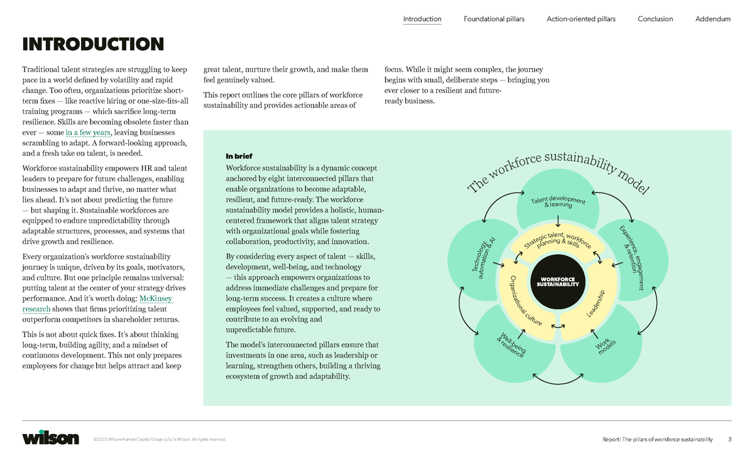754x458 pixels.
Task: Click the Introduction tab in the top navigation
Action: point(422,19)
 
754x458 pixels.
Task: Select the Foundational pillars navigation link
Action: point(494,19)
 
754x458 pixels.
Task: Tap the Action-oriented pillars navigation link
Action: point(581,19)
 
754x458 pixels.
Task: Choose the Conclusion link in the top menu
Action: point(655,19)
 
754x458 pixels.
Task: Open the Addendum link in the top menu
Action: point(713,19)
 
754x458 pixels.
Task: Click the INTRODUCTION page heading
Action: point(93,45)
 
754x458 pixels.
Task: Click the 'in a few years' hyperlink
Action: point(88,133)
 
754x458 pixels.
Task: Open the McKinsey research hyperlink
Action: point(156,299)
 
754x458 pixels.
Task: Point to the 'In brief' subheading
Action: point(239,156)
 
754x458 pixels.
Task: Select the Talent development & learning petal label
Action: point(558,202)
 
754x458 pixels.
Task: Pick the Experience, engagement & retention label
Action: point(631,257)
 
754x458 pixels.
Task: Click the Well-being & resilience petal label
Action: point(511,345)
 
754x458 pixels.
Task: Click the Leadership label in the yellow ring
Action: point(595,304)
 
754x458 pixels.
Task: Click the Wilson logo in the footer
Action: point(50,438)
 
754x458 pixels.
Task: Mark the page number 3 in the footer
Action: point(729,439)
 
